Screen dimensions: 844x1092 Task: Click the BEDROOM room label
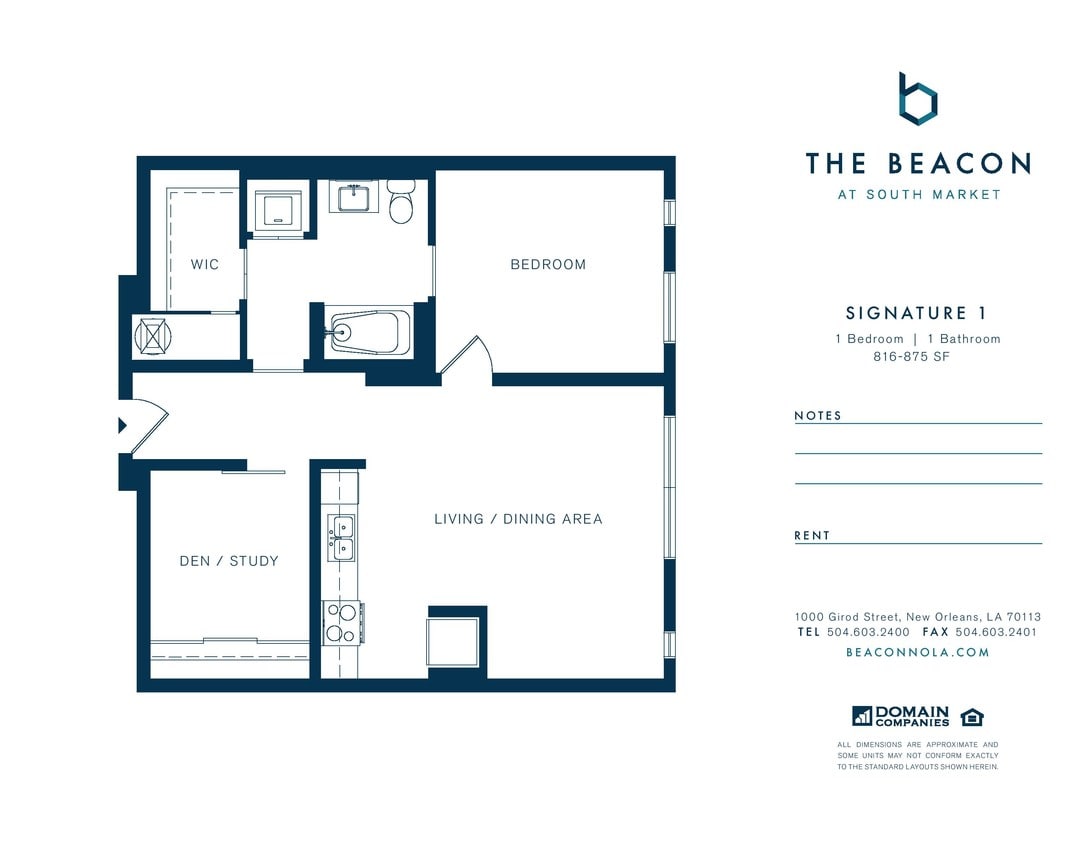click(548, 265)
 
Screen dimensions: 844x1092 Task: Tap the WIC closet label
click(205, 265)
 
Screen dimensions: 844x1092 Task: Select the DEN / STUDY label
click(229, 561)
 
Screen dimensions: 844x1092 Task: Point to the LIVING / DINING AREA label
click(518, 519)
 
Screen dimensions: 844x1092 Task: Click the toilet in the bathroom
click(401, 203)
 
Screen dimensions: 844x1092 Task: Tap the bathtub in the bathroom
click(369, 331)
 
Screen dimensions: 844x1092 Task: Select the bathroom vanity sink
click(354, 197)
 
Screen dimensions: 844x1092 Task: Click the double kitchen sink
click(341, 538)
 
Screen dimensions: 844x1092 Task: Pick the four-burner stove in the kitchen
click(342, 622)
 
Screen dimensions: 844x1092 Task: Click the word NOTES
click(818, 416)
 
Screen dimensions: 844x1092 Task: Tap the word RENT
click(812, 536)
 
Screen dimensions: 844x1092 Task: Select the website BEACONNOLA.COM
click(917, 652)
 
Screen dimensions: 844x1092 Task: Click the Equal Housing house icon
click(971, 717)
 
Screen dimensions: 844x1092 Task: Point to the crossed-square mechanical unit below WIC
click(152, 335)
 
